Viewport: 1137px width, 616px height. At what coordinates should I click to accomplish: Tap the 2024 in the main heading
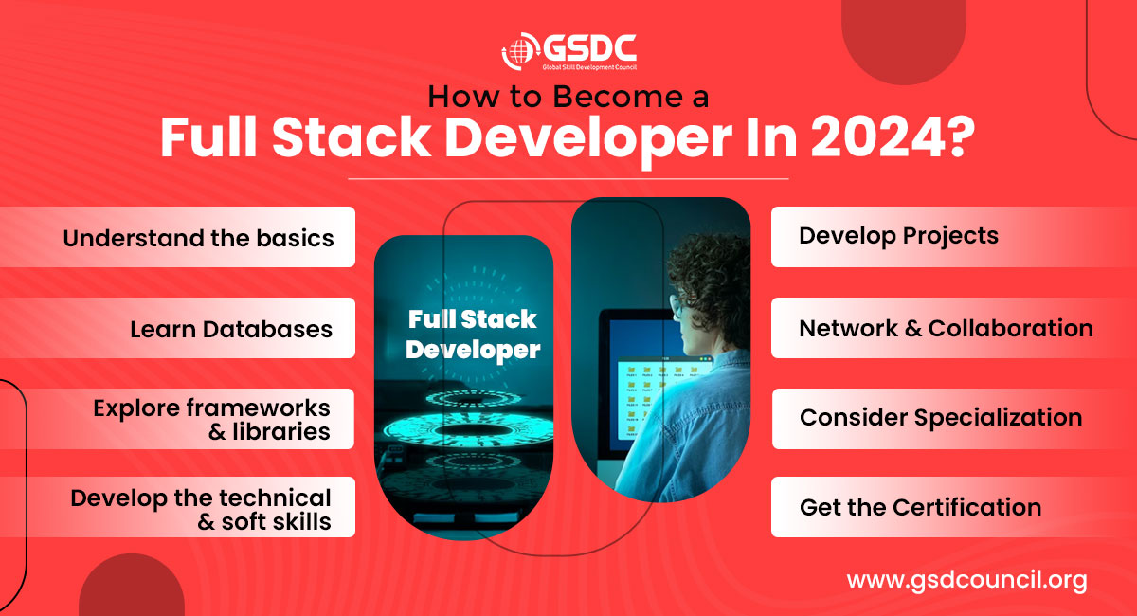point(877,137)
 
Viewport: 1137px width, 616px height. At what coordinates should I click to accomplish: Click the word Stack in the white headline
point(352,137)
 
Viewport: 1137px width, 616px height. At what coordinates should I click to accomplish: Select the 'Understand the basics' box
point(178,237)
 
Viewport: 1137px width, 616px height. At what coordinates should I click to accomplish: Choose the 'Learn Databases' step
point(178,328)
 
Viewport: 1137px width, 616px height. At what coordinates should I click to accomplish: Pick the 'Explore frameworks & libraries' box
point(178,419)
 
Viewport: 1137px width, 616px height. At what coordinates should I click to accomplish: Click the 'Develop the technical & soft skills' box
point(178,507)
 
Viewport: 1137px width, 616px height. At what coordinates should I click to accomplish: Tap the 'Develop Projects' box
point(954,237)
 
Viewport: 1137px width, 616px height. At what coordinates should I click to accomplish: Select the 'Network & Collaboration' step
point(954,328)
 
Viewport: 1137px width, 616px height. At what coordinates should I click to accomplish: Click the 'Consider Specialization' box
point(954,419)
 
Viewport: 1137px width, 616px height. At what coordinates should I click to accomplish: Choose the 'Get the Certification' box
point(954,507)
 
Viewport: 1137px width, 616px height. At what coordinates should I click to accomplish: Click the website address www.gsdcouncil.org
point(967,580)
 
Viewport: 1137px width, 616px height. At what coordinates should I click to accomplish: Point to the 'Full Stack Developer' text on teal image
point(473,335)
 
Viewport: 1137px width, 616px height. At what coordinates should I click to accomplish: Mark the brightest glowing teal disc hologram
point(468,430)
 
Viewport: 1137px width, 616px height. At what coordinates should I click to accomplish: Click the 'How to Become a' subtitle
point(568,97)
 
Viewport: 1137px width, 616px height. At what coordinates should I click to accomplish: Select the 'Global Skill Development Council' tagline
point(589,67)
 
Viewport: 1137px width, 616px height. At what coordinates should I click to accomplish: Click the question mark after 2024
point(961,137)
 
